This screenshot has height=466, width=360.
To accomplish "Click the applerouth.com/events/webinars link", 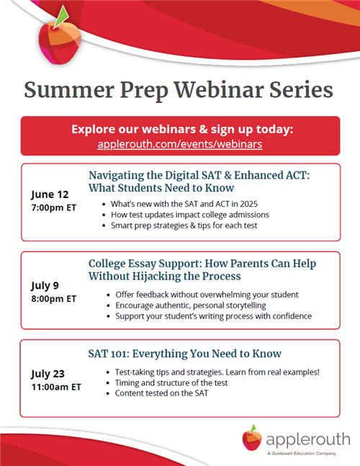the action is (x=180, y=144).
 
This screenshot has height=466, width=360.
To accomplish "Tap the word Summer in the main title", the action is (x=69, y=90).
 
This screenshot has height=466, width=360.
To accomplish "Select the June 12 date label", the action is (x=50, y=194).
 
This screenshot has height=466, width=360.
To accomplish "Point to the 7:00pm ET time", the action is (x=54, y=207).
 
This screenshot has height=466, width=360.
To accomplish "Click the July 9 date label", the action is (x=45, y=286).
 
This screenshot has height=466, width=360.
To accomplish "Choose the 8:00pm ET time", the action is (x=54, y=299).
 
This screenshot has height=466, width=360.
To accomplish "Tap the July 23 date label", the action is (x=48, y=374).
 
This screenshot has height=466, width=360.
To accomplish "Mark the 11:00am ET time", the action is (x=56, y=387).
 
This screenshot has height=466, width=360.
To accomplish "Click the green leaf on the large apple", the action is (x=63, y=17).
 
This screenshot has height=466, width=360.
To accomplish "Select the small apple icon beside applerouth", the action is (x=252, y=437).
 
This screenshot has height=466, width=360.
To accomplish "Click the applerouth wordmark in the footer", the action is (x=308, y=440).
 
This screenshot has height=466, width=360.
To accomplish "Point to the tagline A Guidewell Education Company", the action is (x=302, y=454).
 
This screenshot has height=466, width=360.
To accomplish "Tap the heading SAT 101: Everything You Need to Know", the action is (x=185, y=354).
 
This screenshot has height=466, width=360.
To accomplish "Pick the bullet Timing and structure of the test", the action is (x=171, y=382).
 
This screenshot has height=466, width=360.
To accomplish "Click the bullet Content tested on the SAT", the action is (x=161, y=393).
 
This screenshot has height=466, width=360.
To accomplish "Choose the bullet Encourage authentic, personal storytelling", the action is (x=191, y=305).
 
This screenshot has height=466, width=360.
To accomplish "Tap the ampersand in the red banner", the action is (x=203, y=130).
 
